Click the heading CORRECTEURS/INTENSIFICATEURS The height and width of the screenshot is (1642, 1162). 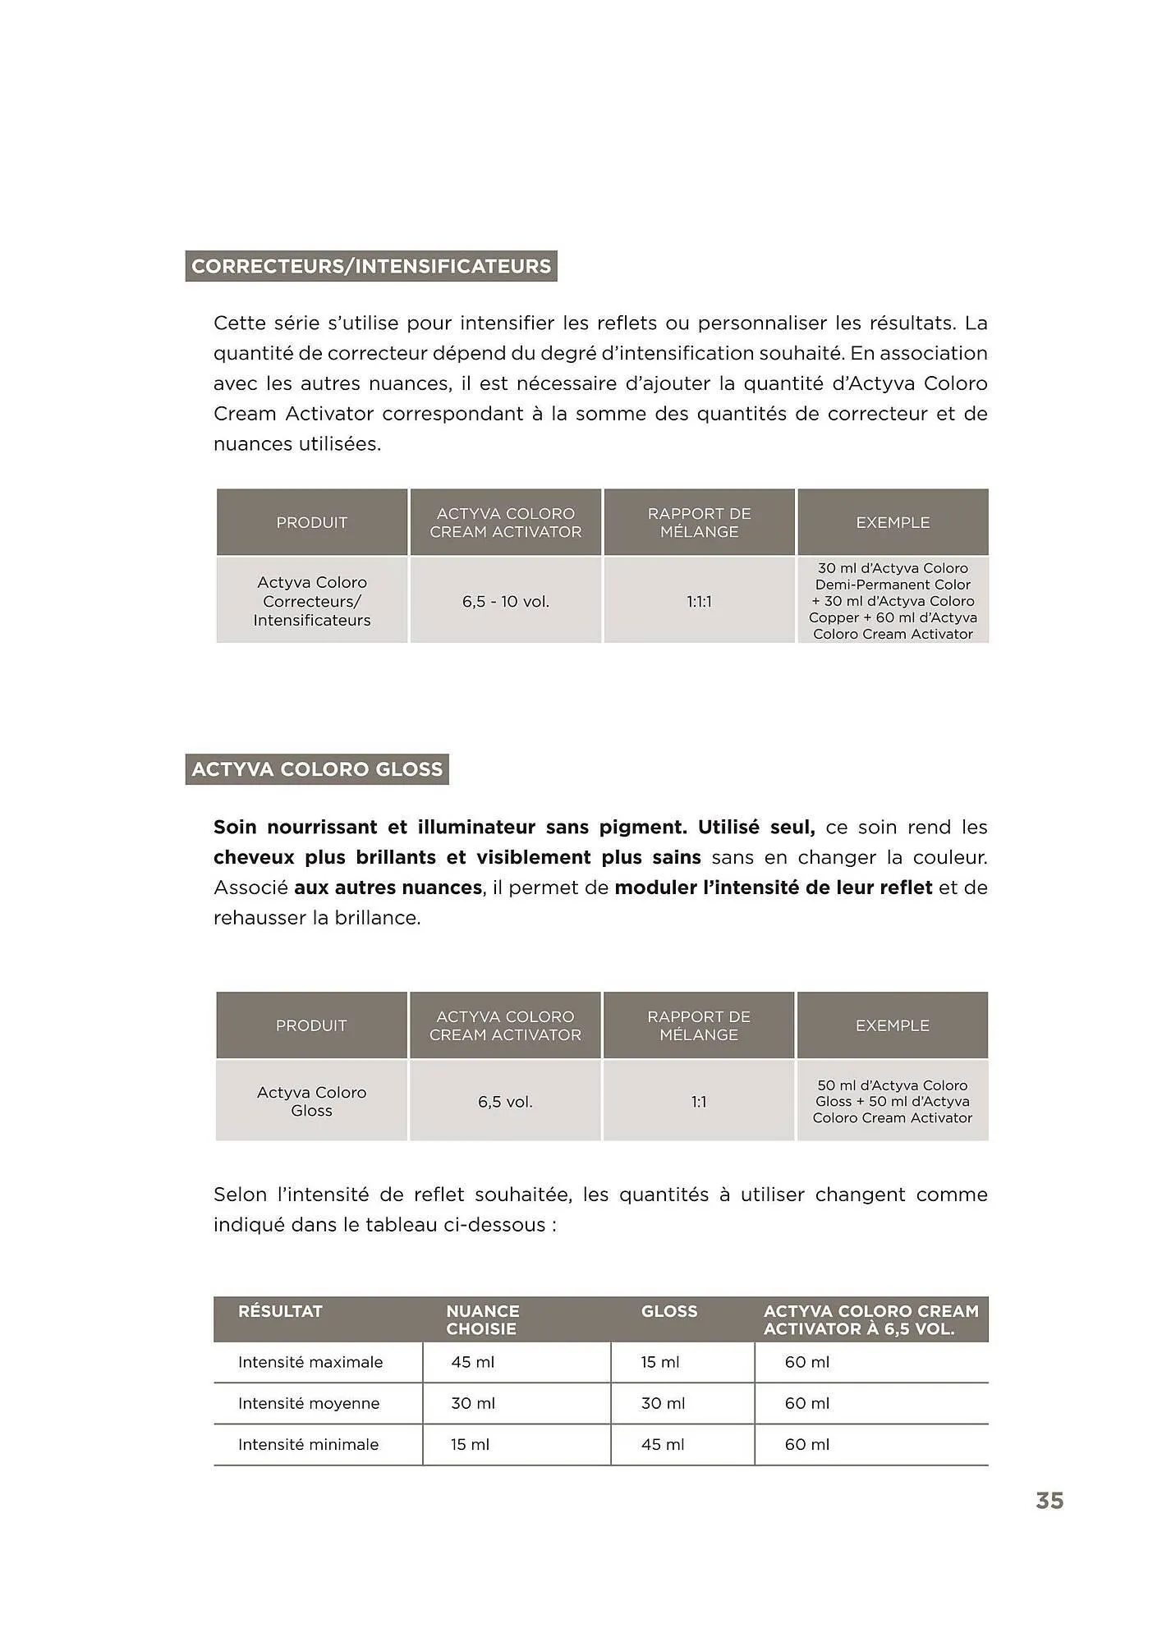point(371,266)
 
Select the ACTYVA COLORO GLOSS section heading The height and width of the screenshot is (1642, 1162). point(317,769)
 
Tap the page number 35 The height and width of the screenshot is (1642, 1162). point(1049,1501)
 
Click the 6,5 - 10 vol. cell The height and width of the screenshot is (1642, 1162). point(505,602)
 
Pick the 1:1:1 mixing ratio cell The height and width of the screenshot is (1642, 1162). point(699,602)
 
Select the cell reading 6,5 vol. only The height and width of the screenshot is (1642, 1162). point(505,1102)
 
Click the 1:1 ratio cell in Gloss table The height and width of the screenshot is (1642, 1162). point(699,1102)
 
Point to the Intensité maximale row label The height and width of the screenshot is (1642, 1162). point(310,1362)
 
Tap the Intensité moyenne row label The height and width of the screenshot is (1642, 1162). point(309,1403)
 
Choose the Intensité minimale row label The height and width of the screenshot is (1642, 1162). point(308,1444)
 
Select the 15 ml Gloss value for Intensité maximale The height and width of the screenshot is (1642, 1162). point(660,1362)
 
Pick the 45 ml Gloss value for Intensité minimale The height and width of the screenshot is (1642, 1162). point(662,1444)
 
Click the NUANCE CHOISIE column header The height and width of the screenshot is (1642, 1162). point(483,1319)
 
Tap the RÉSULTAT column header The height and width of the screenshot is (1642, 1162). point(280,1311)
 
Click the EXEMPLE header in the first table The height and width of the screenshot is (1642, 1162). point(893,522)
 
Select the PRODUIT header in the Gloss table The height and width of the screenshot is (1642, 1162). point(311,1025)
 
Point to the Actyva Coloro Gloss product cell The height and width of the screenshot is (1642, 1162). point(311,1101)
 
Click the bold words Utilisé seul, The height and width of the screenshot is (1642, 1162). point(756,827)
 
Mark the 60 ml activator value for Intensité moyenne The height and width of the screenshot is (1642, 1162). point(806,1403)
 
